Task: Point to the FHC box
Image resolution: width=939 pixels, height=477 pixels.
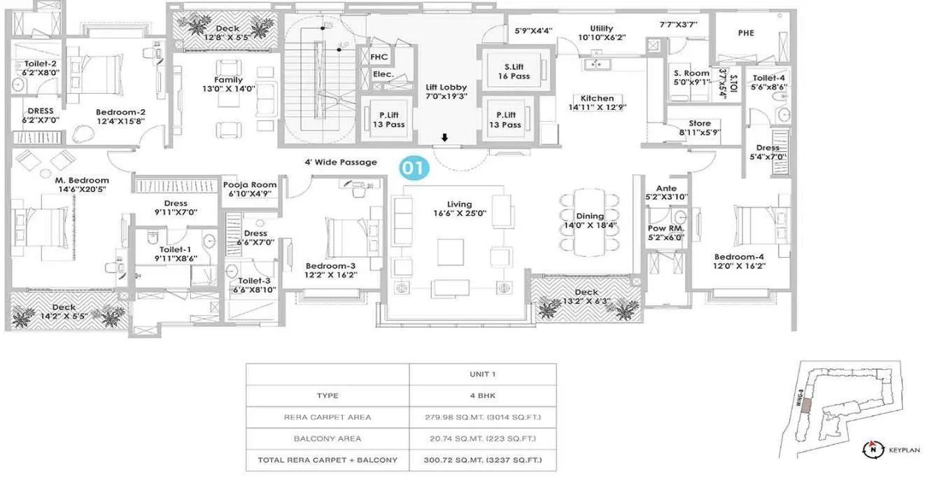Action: pyautogui.click(x=379, y=57)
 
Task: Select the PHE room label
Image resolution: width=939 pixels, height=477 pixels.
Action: pyautogui.click(x=745, y=33)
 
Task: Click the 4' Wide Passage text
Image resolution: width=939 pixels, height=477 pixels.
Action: pyautogui.click(x=341, y=163)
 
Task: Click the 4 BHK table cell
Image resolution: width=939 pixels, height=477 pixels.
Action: pyautogui.click(x=483, y=395)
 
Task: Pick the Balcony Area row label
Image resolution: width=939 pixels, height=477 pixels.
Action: pyautogui.click(x=328, y=438)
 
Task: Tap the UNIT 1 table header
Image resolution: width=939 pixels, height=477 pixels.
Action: pyautogui.click(x=483, y=373)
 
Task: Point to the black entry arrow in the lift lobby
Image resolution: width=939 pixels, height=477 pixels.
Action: pyautogui.click(x=445, y=137)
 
